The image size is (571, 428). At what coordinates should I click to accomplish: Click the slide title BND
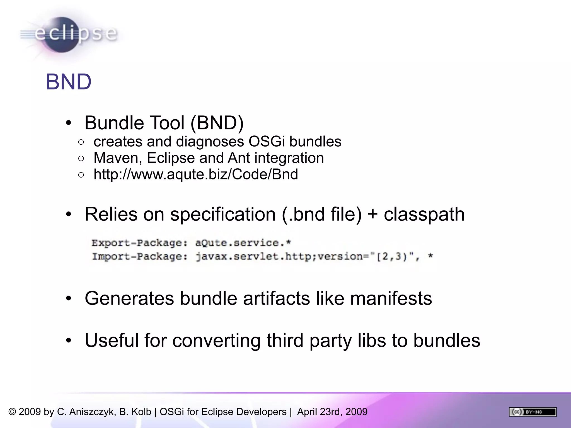69,82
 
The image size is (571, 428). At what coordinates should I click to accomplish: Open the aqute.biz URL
196,174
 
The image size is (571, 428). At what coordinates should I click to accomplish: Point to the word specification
223,214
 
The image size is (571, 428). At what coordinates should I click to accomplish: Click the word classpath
424,214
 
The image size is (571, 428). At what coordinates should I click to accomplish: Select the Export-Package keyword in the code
139,243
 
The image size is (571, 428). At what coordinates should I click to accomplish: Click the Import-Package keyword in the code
139,256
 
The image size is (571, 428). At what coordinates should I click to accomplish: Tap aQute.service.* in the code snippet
243,243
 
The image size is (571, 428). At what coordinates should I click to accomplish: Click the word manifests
391,298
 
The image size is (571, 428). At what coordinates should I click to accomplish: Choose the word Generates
129,298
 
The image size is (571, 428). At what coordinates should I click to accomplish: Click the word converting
216,341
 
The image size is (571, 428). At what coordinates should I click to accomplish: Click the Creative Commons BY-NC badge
533,412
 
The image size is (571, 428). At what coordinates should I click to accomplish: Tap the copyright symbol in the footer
12,412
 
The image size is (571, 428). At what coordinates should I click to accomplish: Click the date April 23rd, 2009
332,412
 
